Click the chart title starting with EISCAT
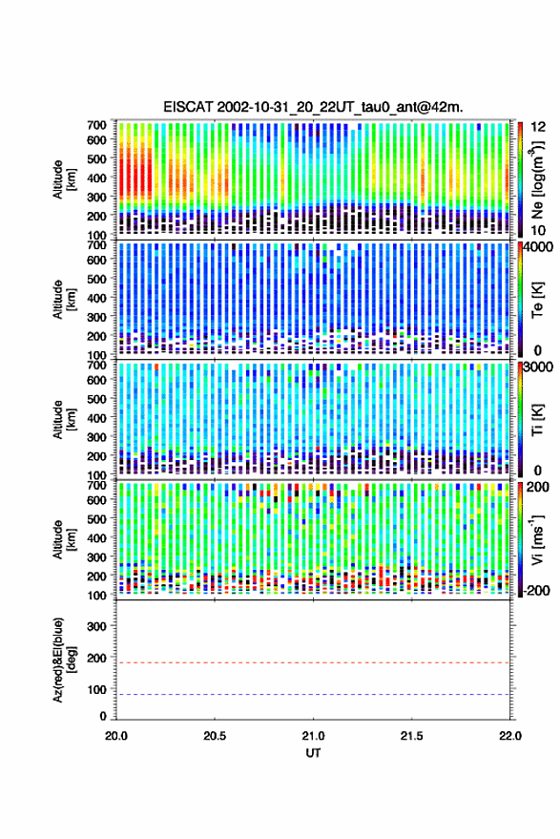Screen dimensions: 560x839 313,107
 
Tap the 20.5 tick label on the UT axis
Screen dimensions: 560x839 215,736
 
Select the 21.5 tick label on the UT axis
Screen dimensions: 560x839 411,736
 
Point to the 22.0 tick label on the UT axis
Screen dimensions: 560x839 509,736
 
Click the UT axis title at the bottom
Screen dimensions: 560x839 313,753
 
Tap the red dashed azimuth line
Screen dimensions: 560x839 313,662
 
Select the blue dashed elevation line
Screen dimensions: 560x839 313,695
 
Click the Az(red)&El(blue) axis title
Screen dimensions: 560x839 64,661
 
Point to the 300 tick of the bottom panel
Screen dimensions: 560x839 96,626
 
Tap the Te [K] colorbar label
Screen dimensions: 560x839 537,300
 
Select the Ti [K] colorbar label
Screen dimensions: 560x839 537,420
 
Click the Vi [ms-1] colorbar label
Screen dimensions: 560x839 537,539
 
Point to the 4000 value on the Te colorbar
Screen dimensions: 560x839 538,247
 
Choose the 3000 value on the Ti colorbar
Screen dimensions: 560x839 538,367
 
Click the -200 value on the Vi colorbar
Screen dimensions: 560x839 536,590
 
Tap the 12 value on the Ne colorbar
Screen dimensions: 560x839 538,126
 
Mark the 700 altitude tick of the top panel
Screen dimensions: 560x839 96,125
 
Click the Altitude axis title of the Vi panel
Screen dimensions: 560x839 64,539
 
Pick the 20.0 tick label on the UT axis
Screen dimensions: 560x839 116,736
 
